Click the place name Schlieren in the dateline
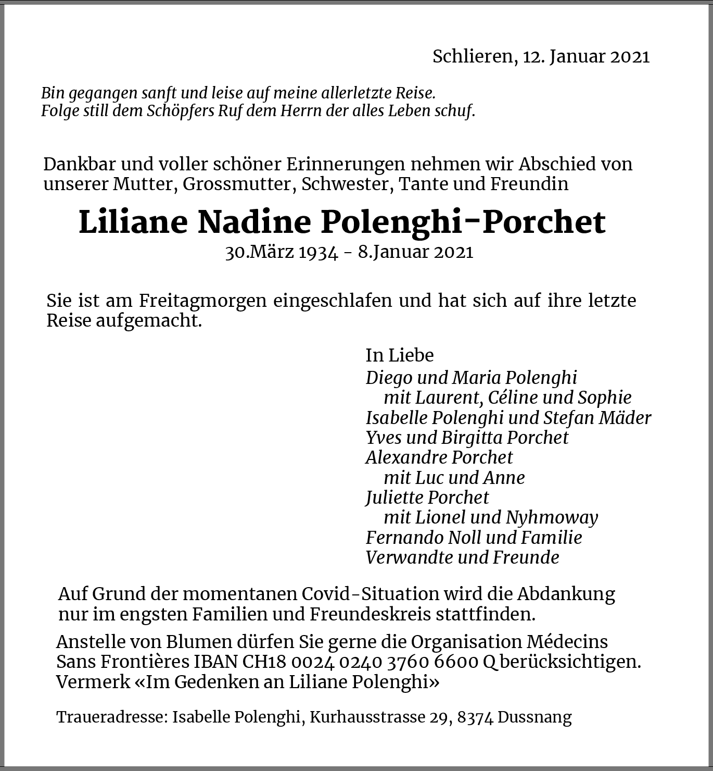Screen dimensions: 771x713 pyautogui.click(x=472, y=56)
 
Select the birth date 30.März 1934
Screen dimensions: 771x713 pyautogui.click(x=282, y=252)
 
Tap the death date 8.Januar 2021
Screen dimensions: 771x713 pyautogui.click(x=415, y=252)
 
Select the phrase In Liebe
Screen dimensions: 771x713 pyautogui.click(x=399, y=355)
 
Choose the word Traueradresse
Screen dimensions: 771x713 pyautogui.click(x=111, y=717)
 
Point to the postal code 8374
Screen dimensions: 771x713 pyautogui.click(x=475, y=717)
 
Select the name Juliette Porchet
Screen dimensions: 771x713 pyautogui.click(x=427, y=498)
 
